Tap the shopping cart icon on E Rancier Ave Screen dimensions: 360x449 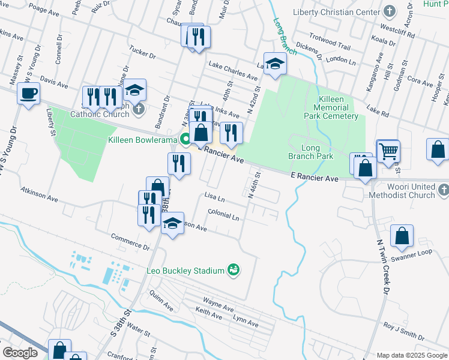coord(388,151)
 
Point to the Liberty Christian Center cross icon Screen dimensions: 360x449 coord(390,12)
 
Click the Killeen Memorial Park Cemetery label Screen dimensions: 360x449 coord(330,107)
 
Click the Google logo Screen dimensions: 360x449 coord(20,353)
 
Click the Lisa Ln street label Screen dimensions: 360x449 coord(214,197)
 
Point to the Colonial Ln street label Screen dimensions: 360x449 coord(223,214)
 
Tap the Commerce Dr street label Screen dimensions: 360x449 coord(130,242)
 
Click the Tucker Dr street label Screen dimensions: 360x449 coord(142,54)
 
